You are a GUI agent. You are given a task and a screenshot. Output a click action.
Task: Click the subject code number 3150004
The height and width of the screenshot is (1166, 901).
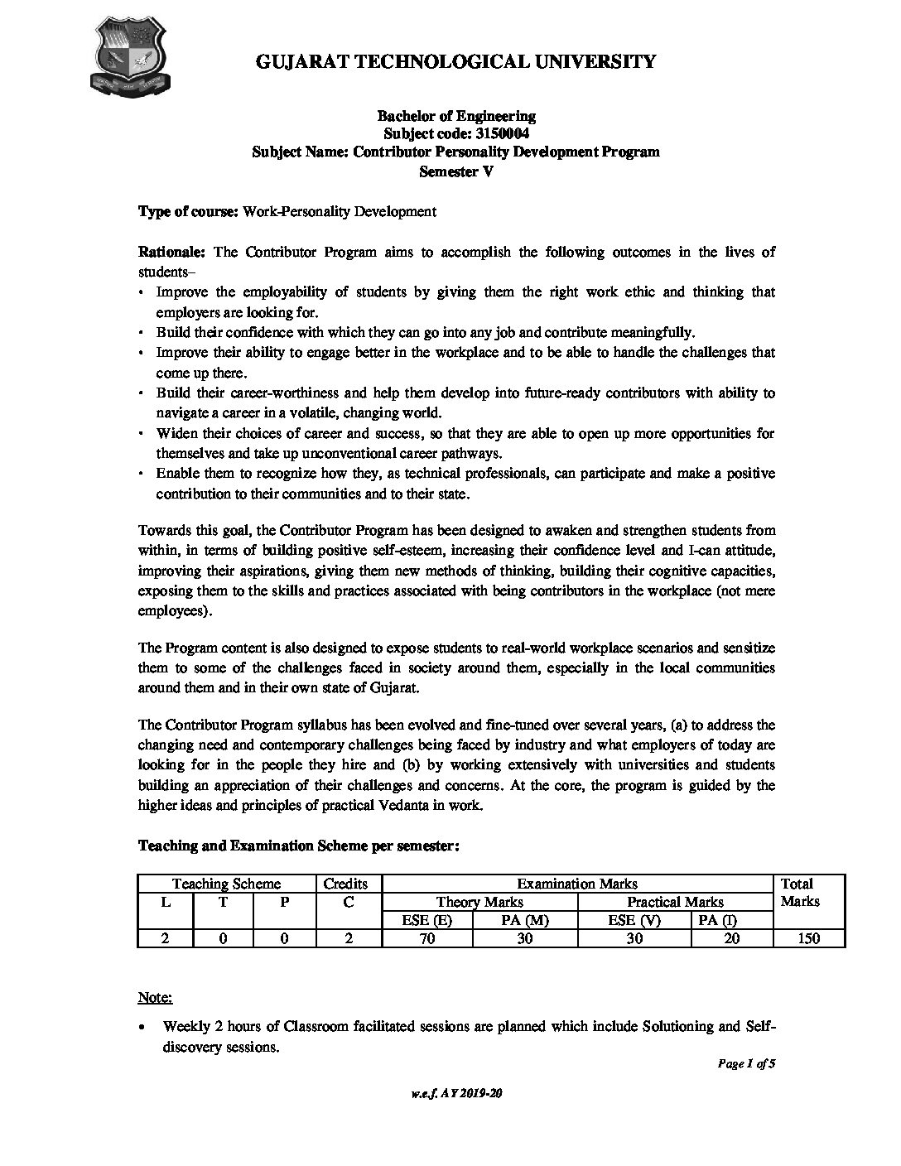498,133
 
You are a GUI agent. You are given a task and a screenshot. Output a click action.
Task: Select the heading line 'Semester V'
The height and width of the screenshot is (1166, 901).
456,171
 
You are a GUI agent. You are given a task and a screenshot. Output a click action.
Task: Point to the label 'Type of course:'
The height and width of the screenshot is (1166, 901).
188,211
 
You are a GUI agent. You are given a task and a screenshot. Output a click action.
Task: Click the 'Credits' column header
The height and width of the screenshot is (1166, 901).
346,884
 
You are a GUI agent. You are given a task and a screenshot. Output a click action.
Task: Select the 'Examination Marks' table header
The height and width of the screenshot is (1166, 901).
577,884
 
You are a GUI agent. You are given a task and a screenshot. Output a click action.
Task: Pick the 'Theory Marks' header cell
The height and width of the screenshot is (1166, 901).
480,902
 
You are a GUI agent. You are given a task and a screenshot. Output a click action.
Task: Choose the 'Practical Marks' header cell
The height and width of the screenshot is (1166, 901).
675,902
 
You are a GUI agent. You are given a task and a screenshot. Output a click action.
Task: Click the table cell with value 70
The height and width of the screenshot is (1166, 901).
427,938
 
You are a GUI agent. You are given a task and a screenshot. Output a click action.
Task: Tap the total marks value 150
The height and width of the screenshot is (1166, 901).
808,938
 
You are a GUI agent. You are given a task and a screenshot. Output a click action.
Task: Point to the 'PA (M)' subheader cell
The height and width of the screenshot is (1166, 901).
525,920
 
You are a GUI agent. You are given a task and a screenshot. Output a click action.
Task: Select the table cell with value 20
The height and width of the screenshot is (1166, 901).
729,938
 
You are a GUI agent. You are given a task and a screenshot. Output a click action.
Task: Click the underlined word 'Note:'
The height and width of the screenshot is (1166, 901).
155,997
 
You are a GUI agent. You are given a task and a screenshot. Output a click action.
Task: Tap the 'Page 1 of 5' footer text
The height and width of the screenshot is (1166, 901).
745,1065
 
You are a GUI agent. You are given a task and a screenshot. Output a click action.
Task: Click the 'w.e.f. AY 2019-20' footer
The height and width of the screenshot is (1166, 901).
456,1094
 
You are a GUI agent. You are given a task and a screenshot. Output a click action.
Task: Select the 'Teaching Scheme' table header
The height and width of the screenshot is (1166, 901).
226,884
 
